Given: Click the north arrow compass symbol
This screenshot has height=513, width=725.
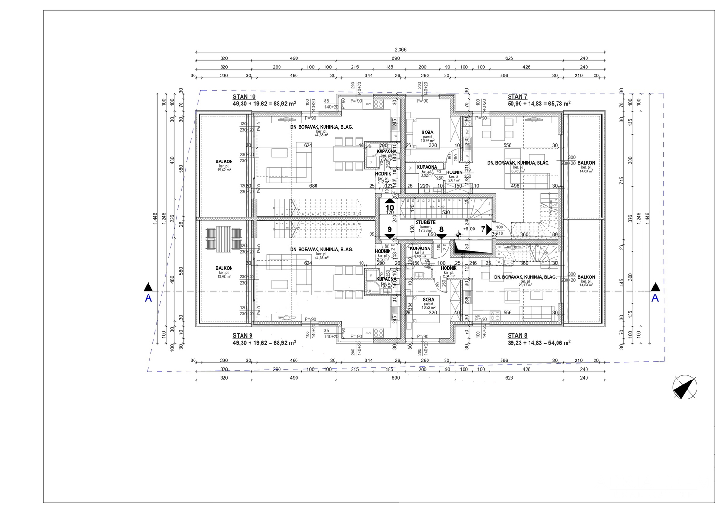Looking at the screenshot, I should (685, 387).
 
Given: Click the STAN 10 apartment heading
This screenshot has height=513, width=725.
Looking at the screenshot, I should (244, 96).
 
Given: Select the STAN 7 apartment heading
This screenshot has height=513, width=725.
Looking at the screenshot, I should (517, 96).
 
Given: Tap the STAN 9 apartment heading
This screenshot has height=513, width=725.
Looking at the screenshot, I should (242, 335).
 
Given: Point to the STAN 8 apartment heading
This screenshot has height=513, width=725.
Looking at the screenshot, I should (517, 335).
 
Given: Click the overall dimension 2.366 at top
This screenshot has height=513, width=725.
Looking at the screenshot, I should (400, 50).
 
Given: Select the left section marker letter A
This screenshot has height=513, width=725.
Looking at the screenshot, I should (149, 298).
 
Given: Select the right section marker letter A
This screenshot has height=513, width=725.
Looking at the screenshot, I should (655, 298).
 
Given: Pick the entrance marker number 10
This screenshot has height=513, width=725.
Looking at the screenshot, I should (390, 207).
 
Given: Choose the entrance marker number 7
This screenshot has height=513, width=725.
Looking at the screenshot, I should (483, 229).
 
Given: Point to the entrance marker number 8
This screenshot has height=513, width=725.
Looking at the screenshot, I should (441, 229).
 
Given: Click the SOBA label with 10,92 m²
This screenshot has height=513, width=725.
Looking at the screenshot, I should (427, 133).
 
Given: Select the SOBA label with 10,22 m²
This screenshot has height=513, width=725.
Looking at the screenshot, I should (428, 300).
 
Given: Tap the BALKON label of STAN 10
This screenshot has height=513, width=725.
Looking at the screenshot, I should (224, 162).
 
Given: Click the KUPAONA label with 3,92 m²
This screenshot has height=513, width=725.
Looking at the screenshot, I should (427, 167).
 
